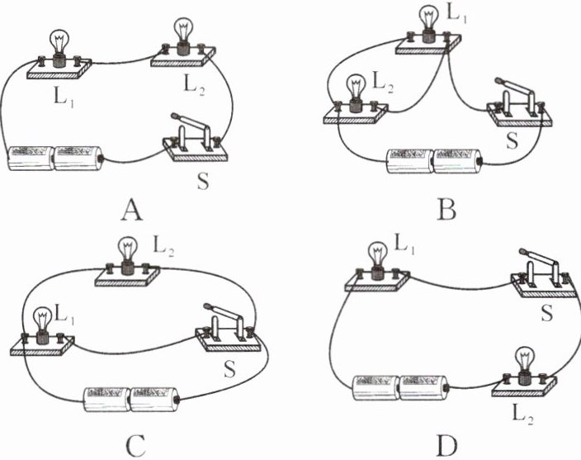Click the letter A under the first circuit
(x=132, y=210)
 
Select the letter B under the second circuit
(x=446, y=210)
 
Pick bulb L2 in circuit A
(x=183, y=36)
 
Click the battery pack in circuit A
(x=55, y=159)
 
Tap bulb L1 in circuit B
(x=428, y=22)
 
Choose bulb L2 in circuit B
(x=357, y=92)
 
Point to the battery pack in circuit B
(x=434, y=161)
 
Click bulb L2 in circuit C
(x=127, y=256)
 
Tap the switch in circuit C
(x=229, y=327)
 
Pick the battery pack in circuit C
(x=132, y=400)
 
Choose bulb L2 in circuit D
(x=524, y=366)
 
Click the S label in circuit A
(x=203, y=181)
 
